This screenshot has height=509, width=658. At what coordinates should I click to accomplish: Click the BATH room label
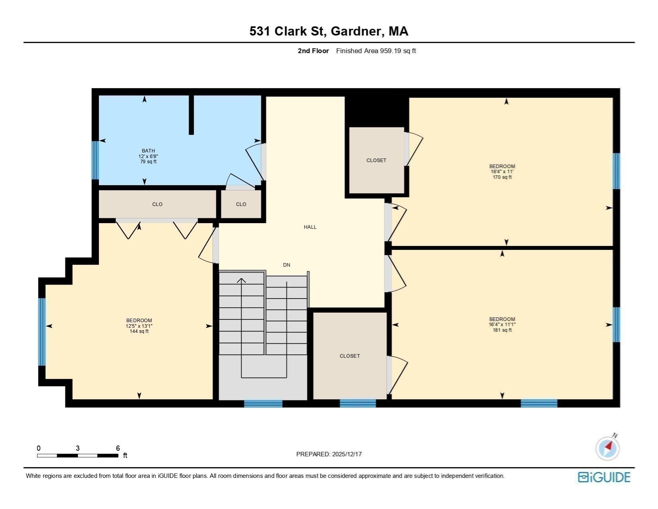point(148,151)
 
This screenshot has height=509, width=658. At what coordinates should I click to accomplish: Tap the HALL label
point(310,227)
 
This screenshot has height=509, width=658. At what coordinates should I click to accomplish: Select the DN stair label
point(286,265)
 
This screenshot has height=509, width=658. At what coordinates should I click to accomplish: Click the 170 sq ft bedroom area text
point(502,177)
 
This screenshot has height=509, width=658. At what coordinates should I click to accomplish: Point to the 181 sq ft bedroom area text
point(502,330)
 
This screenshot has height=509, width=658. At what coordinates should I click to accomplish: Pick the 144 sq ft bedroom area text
point(139,331)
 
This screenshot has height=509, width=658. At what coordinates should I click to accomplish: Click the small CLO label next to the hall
point(241,204)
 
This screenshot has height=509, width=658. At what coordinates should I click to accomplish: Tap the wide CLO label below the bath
point(157,204)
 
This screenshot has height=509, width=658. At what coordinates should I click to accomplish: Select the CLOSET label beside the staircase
point(350,356)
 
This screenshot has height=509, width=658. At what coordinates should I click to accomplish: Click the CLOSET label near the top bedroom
point(376,160)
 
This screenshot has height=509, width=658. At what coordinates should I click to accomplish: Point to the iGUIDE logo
point(604,477)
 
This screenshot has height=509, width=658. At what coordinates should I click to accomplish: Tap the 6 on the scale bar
point(118,448)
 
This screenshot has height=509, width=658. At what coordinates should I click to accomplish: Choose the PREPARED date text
point(329,454)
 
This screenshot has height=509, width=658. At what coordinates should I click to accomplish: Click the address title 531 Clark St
point(329,32)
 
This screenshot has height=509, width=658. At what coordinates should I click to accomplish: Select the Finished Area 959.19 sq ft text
point(376,51)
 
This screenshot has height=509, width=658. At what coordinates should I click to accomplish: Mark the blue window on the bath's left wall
point(95,160)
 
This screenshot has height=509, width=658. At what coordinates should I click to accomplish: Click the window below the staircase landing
point(263,404)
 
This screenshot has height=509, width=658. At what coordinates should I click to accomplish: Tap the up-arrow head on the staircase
point(241,280)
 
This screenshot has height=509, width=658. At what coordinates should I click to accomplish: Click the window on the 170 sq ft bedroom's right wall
point(616,171)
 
